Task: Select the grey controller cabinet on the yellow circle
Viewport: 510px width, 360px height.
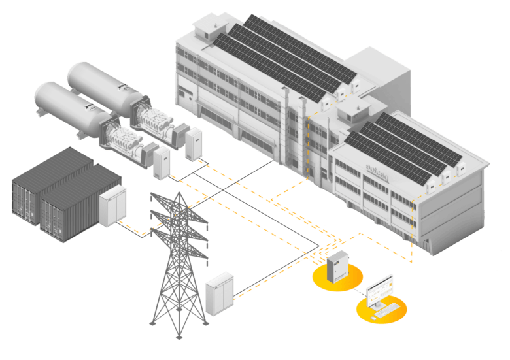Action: [x=338, y=267]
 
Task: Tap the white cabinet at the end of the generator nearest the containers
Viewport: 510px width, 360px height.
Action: [x=161, y=161]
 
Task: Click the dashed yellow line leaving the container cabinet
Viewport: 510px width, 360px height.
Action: [x=134, y=229]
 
